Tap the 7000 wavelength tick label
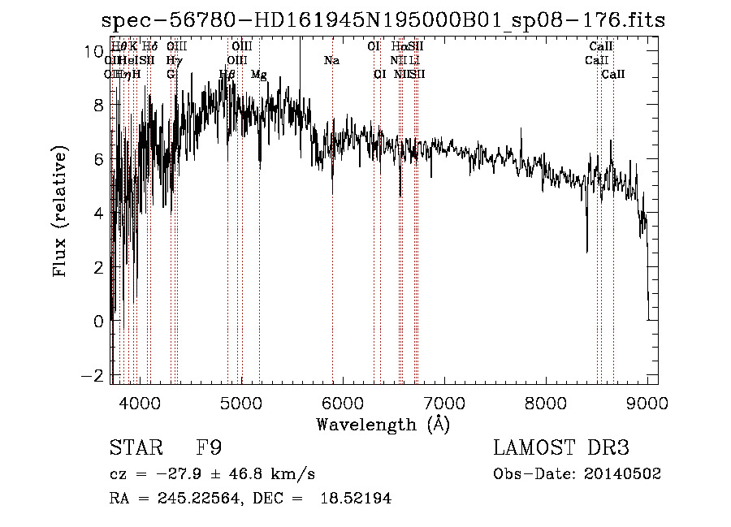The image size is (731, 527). [444, 402]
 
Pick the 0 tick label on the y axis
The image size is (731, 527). [97, 322]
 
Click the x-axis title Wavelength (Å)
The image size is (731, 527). [383, 424]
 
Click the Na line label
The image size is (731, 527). [331, 60]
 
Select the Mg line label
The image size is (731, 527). [259, 75]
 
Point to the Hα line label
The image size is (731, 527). [398, 47]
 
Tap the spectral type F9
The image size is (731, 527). [210, 448]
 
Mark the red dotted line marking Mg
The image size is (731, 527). [260, 244]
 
